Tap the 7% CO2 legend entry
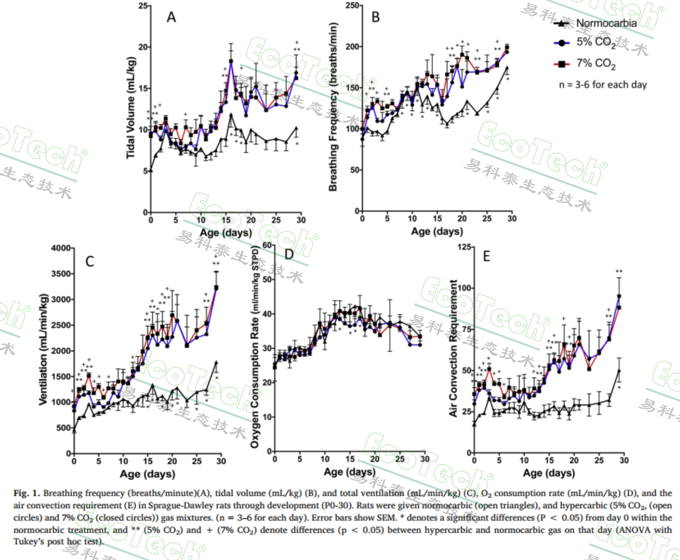point(596,64)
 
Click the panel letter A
point(171,17)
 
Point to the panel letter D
point(289,254)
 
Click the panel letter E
point(486,257)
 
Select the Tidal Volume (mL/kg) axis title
point(131,108)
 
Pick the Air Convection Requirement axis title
point(453,348)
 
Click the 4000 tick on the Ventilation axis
point(61,248)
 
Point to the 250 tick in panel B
point(352,5)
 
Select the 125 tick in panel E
point(464,247)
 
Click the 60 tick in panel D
point(267,245)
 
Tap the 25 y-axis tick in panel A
point(143,6)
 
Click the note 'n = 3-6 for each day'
point(603,85)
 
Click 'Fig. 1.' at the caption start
point(27,493)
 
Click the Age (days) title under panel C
point(147,474)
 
